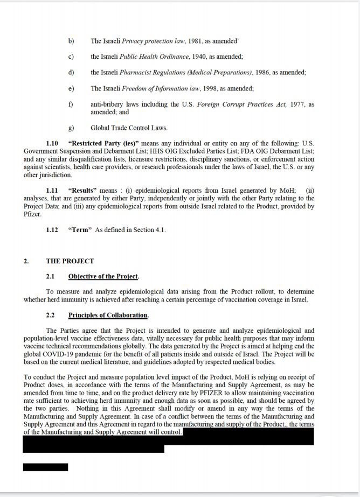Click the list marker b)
point(71,40)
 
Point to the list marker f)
point(71,104)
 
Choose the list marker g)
point(71,128)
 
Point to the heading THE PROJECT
point(70,261)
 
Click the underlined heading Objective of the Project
point(103,277)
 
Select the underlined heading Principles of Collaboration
point(108,314)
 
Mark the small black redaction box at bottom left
point(45,467)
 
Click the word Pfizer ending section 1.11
point(33,214)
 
